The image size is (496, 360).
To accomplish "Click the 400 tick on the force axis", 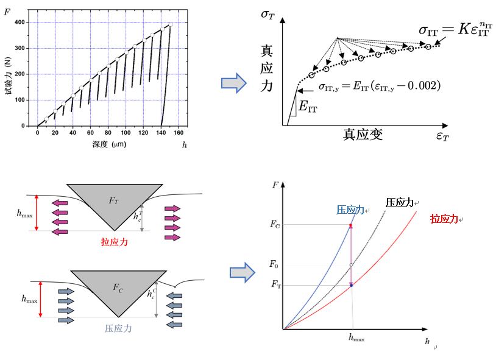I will pos(27,23).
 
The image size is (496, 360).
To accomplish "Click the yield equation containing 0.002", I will pos(379,86).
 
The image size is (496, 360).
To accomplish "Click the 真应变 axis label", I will pos(363,135).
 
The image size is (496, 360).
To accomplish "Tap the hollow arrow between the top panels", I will pos(232,83).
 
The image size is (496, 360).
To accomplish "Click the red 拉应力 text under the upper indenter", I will pos(118,241).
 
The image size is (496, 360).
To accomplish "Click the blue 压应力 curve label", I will pos(350,210).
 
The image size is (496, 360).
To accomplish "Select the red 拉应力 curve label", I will pos(444,218).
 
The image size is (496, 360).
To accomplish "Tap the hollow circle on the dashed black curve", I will pos(352,265).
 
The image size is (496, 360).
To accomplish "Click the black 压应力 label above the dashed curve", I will pos(400,202).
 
